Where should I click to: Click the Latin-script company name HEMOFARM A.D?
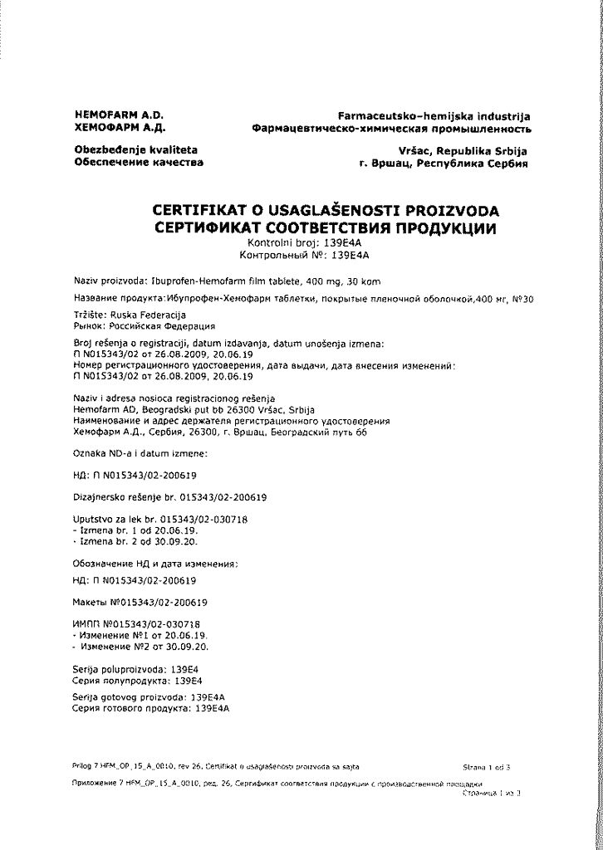(x=120, y=115)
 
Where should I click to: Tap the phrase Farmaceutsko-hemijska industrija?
(x=434, y=116)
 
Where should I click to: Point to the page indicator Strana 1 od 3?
(x=487, y=768)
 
